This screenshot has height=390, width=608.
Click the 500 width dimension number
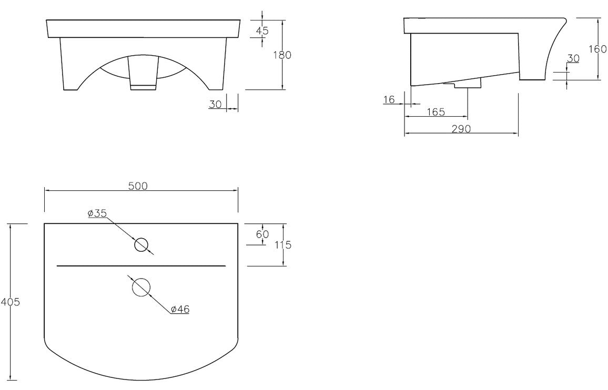point(138,186)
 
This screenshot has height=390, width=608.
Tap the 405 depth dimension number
point(10,302)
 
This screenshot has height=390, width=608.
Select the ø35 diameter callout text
point(97,213)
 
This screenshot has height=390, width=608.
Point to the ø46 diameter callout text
point(180,310)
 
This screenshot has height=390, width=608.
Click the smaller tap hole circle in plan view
point(141,245)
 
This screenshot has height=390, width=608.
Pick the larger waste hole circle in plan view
point(141,287)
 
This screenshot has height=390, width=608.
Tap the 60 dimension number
point(262,234)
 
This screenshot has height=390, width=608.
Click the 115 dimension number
point(283,245)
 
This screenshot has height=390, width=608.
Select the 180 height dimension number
point(282,55)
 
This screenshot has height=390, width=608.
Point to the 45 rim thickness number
point(262,31)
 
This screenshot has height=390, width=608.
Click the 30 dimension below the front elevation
point(215,104)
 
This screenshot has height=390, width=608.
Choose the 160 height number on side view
point(597,49)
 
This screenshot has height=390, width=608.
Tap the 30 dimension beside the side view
point(573,59)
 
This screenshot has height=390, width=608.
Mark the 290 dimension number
point(461,129)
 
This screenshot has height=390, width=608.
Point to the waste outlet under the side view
point(463,83)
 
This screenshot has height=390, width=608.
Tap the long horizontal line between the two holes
point(141,266)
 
